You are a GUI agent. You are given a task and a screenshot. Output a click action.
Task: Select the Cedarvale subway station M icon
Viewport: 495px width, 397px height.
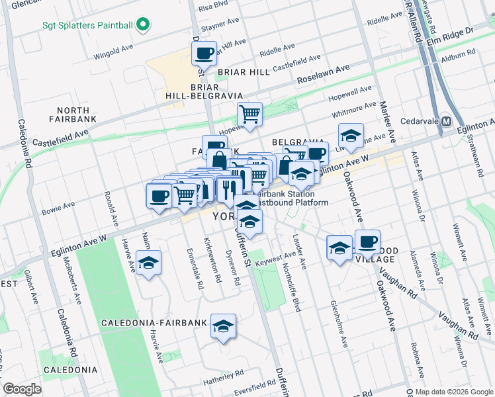(447, 122)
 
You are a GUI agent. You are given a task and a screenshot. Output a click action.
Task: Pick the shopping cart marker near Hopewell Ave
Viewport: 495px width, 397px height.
(249, 114)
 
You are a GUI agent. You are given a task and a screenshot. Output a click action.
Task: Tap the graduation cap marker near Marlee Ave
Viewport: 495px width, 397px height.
(351, 136)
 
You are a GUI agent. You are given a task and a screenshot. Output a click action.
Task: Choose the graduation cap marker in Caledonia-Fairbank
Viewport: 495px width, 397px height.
(224, 326)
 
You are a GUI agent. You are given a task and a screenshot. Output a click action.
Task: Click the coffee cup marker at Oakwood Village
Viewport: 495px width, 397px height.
(367, 242)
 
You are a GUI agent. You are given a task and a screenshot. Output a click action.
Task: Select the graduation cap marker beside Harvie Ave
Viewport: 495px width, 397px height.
(149, 263)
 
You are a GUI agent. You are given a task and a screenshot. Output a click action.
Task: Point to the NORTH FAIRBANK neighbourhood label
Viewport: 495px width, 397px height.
(73, 114)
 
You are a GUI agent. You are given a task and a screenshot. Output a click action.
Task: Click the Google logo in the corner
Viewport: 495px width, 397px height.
(22, 388)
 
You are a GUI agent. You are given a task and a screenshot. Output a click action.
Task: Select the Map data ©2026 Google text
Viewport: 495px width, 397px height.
(454, 392)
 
